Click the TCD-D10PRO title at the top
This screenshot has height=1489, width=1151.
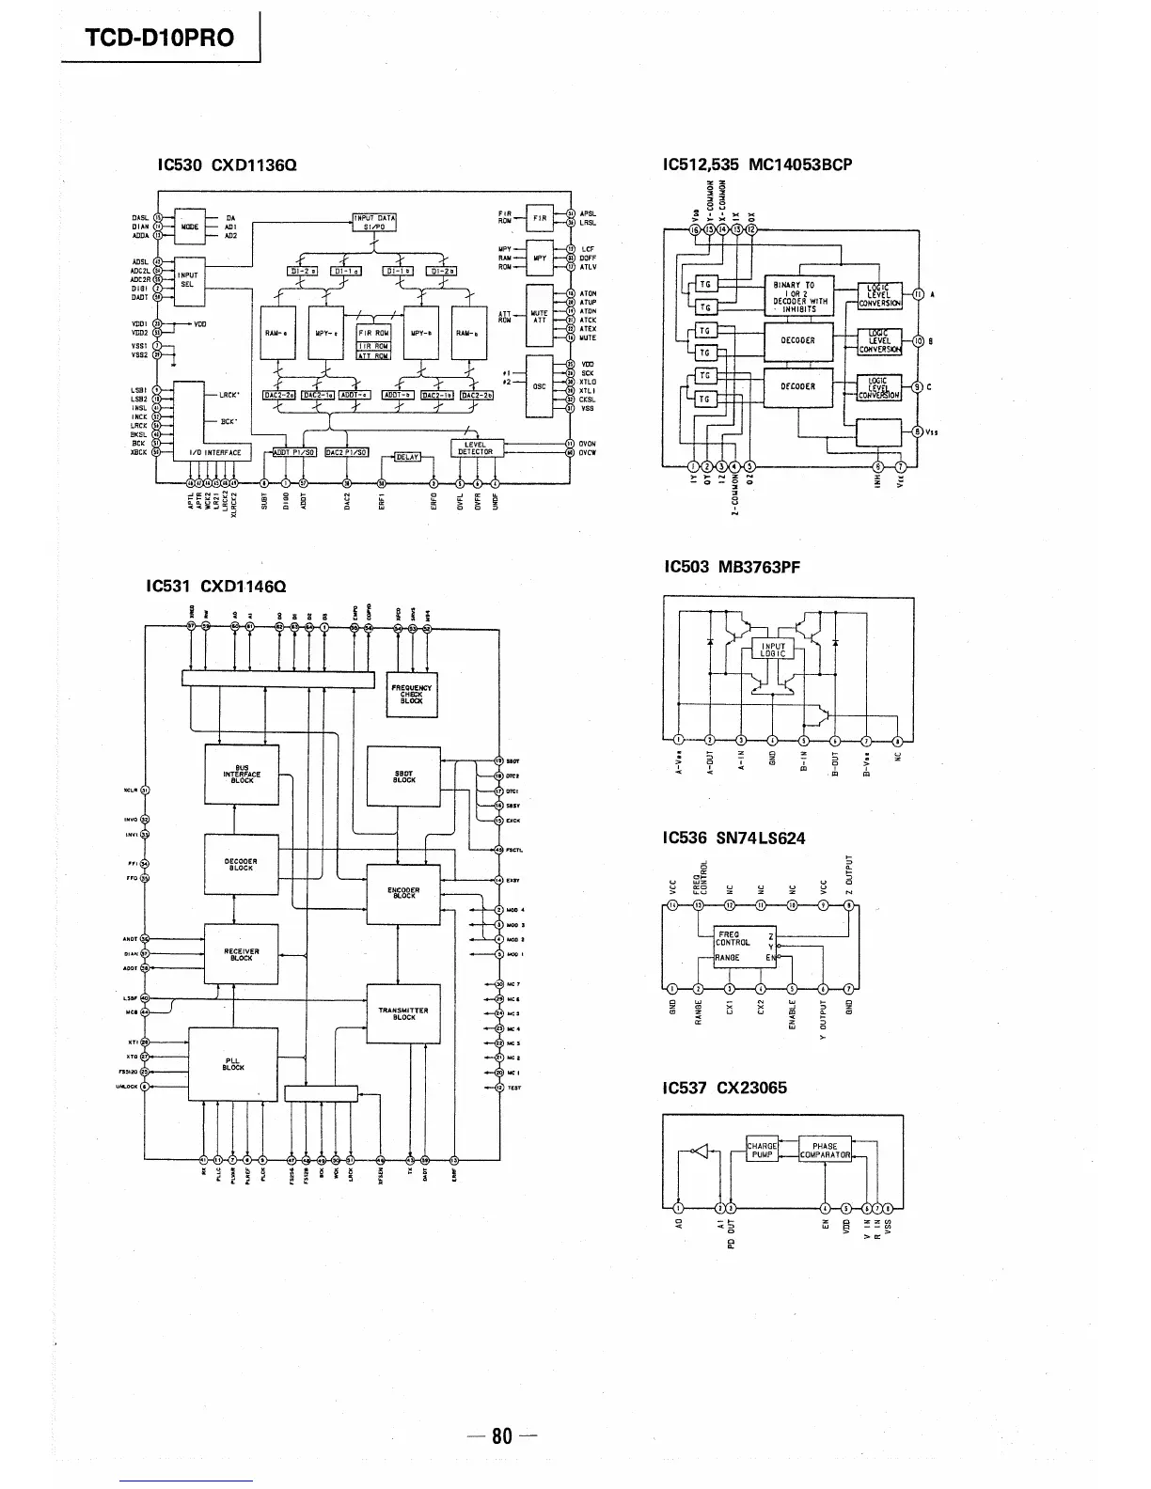[161, 37]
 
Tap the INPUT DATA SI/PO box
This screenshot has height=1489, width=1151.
[374, 222]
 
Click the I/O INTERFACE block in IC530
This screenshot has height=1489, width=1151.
[216, 452]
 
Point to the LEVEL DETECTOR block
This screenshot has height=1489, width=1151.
[476, 447]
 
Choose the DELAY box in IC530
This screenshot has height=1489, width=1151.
[407, 457]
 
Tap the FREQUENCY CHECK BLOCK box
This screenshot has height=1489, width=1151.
[412, 695]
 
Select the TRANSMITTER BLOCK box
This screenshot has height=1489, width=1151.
[403, 1013]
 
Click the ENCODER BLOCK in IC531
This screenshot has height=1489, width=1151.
[403, 892]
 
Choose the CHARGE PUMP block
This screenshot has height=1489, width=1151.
[762, 1150]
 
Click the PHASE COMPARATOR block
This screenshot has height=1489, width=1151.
[825, 1150]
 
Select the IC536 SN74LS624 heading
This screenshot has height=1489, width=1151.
[733, 838]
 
